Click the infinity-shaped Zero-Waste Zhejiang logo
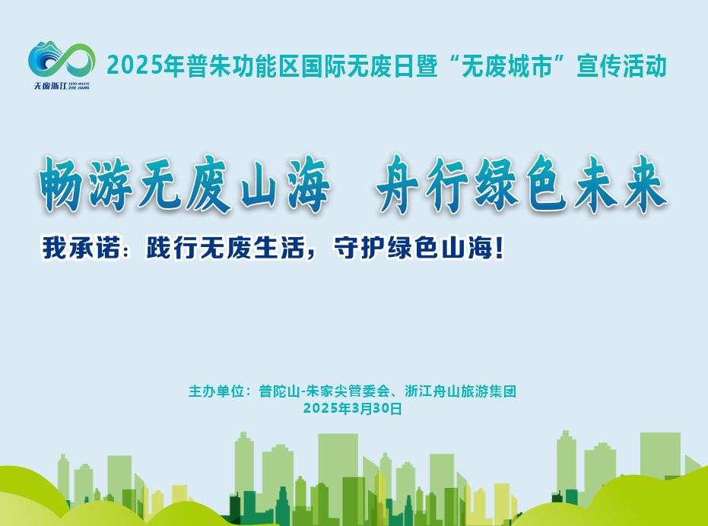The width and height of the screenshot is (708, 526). [62, 59]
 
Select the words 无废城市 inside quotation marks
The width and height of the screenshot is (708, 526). [507, 66]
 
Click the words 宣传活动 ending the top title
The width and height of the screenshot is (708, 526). [622, 66]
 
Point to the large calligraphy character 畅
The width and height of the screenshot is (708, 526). [62, 184]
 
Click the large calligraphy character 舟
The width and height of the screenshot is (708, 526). [399, 184]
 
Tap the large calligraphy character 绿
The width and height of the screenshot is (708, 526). [497, 184]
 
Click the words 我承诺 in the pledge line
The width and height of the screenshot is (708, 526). [81, 248]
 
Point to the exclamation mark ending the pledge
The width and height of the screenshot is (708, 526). [499, 249]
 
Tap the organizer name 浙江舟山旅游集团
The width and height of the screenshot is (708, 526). [461, 391]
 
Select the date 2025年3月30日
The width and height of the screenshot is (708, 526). [353, 409]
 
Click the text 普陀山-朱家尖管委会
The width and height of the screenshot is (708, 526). [324, 391]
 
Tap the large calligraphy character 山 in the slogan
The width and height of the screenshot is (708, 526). [259, 184]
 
